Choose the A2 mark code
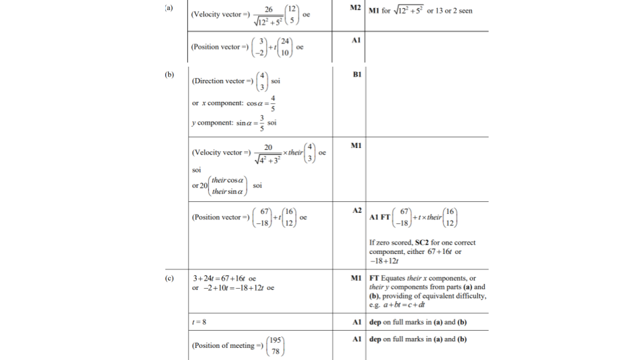(x=355, y=209)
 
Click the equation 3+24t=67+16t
(x=225, y=278)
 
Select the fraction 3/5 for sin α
(x=262, y=123)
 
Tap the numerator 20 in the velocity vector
(x=268, y=147)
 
